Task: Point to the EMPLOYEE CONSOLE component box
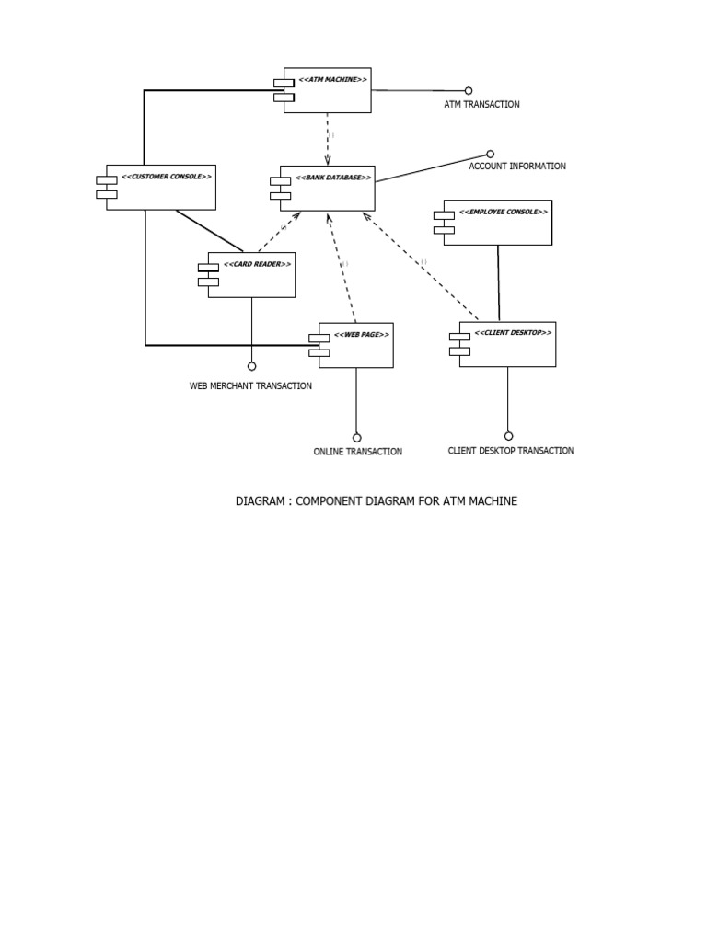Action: (x=497, y=223)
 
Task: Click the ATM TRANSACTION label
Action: (x=481, y=105)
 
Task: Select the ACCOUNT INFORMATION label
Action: (x=517, y=167)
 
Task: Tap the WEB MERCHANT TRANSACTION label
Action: (x=250, y=386)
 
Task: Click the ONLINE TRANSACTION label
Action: (x=357, y=452)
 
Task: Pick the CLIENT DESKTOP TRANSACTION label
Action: (x=510, y=451)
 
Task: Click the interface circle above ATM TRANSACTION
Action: (x=469, y=91)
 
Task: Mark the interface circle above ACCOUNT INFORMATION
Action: (x=490, y=154)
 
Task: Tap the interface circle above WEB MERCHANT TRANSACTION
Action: (x=251, y=366)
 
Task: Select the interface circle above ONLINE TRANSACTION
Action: (x=357, y=438)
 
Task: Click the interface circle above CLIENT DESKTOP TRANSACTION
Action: (x=508, y=436)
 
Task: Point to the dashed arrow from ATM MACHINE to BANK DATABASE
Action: (x=328, y=138)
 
